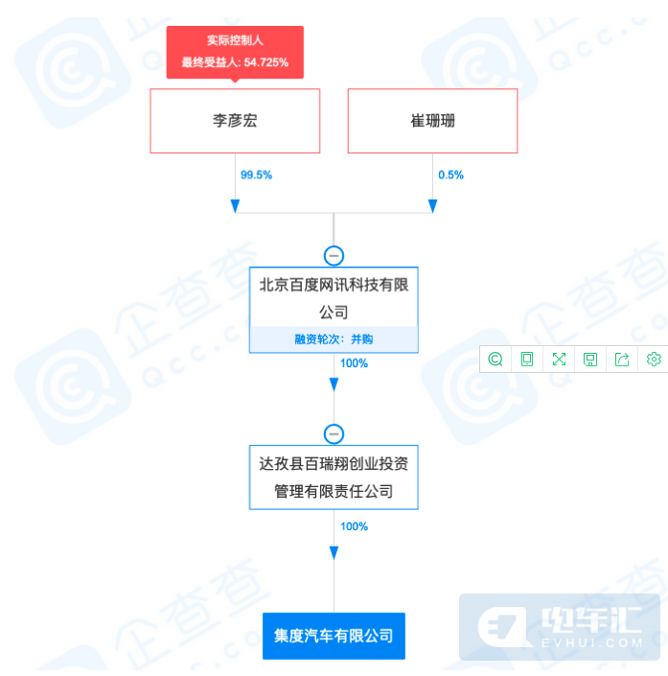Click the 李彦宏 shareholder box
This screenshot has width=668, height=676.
pyautogui.click(x=235, y=121)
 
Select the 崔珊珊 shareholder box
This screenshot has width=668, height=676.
pyautogui.click(x=432, y=121)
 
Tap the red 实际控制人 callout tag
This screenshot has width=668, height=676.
pyautogui.click(x=235, y=52)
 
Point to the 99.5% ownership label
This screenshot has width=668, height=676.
pyautogui.click(x=256, y=175)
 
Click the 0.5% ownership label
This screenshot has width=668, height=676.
pyautogui.click(x=450, y=175)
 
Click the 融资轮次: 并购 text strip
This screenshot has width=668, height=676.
pyautogui.click(x=334, y=339)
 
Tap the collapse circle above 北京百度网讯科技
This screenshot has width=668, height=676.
pyautogui.click(x=334, y=256)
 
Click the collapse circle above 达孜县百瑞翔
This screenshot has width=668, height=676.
pyautogui.click(x=334, y=433)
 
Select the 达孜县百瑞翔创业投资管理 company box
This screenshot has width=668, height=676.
pyautogui.click(x=334, y=478)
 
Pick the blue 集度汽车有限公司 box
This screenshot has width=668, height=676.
pyautogui.click(x=334, y=636)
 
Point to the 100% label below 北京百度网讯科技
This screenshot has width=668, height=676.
pyautogui.click(x=354, y=363)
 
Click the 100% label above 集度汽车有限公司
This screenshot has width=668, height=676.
pyautogui.click(x=354, y=526)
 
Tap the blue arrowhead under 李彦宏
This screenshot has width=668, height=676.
pyautogui.click(x=235, y=206)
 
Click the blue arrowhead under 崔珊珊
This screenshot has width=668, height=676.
pyautogui.click(x=432, y=206)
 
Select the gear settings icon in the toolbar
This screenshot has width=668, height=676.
pyautogui.click(x=654, y=360)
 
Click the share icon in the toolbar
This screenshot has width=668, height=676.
pyautogui.click(x=622, y=360)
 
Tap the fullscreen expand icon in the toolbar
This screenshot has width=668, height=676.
pyautogui.click(x=559, y=360)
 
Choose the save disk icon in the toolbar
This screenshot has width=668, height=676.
pyautogui.click(x=590, y=360)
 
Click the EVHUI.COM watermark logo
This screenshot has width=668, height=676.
pyautogui.click(x=560, y=627)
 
